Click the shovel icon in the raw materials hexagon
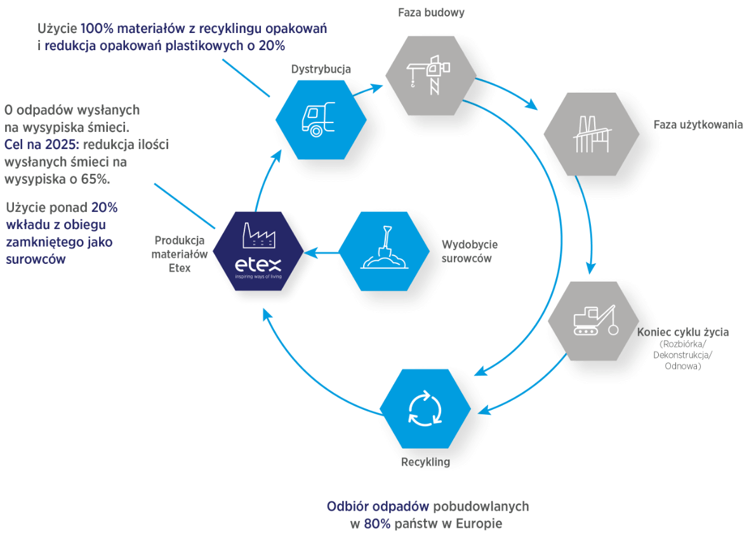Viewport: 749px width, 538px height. [383, 249]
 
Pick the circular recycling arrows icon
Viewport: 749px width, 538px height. [424, 409]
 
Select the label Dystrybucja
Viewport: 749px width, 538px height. [321, 69]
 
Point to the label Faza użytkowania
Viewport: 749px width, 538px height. [698, 124]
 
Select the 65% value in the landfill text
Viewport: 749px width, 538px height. [94, 179]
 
